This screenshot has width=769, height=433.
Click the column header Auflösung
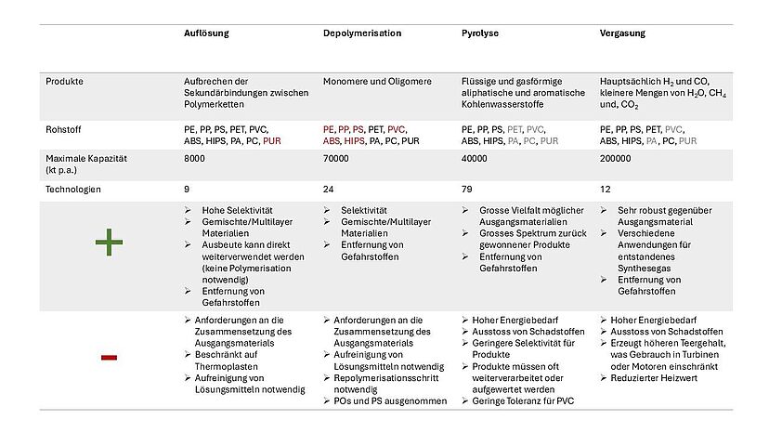pos(206,33)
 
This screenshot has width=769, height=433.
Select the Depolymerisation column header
pos(362,33)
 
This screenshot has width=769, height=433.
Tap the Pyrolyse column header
pos(480,33)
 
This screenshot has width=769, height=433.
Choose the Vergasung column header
pos(622,33)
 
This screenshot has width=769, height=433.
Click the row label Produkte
pos(65,82)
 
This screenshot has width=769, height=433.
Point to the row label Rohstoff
pos(64,129)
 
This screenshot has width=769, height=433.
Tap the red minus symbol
pos(109,357)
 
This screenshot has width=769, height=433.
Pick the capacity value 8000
pos(195,159)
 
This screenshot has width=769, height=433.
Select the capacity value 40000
pos(475,159)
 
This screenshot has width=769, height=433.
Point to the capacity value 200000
pos(616,159)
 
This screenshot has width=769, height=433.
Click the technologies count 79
pos(466,190)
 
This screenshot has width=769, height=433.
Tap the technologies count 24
pos(329,190)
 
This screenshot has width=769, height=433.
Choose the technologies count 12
pos(605,190)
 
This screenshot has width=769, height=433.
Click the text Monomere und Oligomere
pos(377,82)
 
